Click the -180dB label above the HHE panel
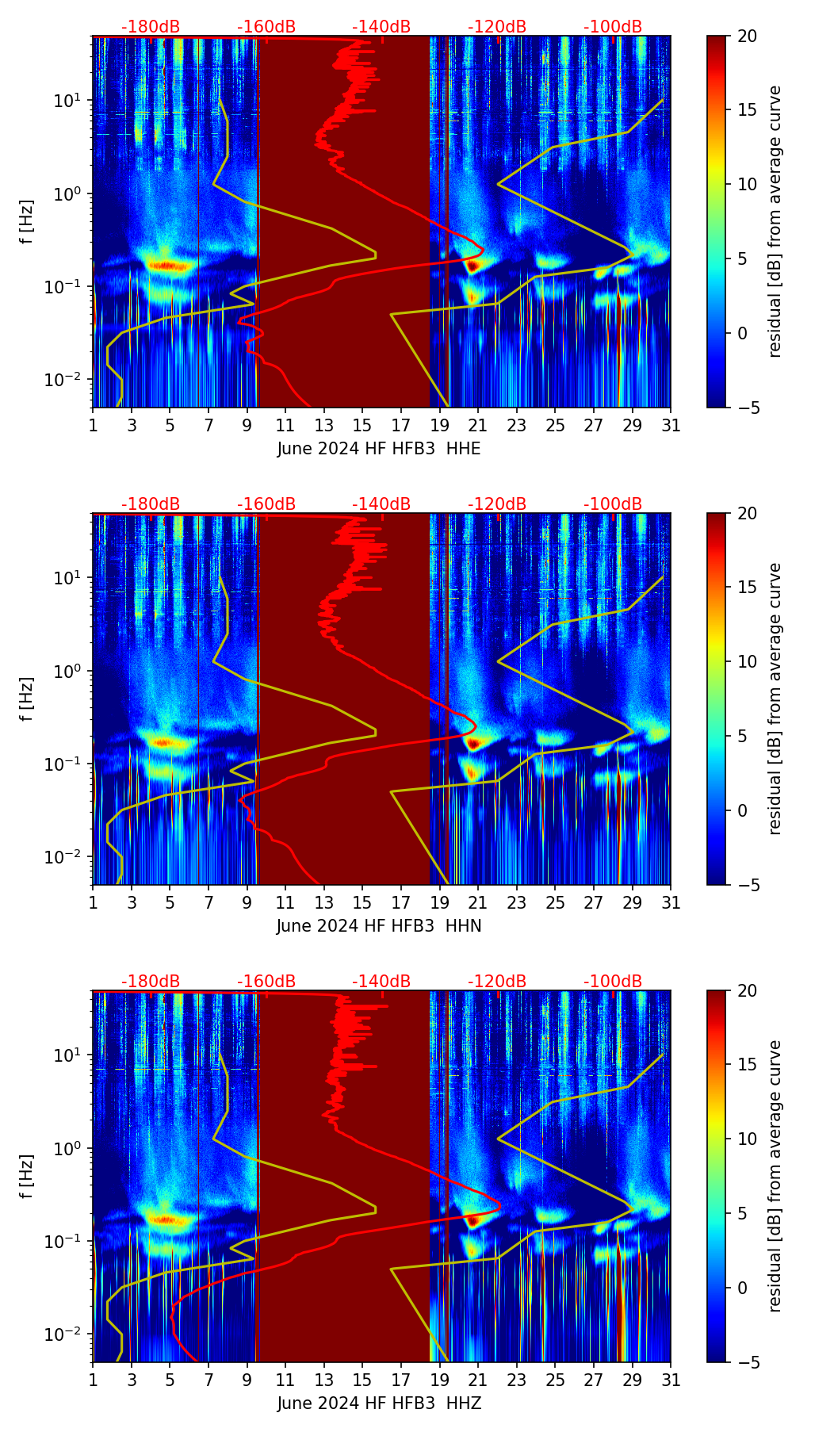click(151, 27)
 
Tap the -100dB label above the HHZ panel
click(613, 982)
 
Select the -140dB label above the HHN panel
click(381, 504)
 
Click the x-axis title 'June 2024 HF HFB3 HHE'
click(379, 449)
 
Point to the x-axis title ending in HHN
click(379, 926)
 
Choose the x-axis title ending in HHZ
click(379, 1403)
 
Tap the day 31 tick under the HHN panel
click(671, 902)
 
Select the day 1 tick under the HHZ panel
click(93, 1380)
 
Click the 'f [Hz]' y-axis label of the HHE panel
click(28, 222)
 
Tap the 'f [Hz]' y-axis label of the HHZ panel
click(28, 1177)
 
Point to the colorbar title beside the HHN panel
click(775, 699)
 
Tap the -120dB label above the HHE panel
click(497, 27)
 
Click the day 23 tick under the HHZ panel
click(517, 1380)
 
